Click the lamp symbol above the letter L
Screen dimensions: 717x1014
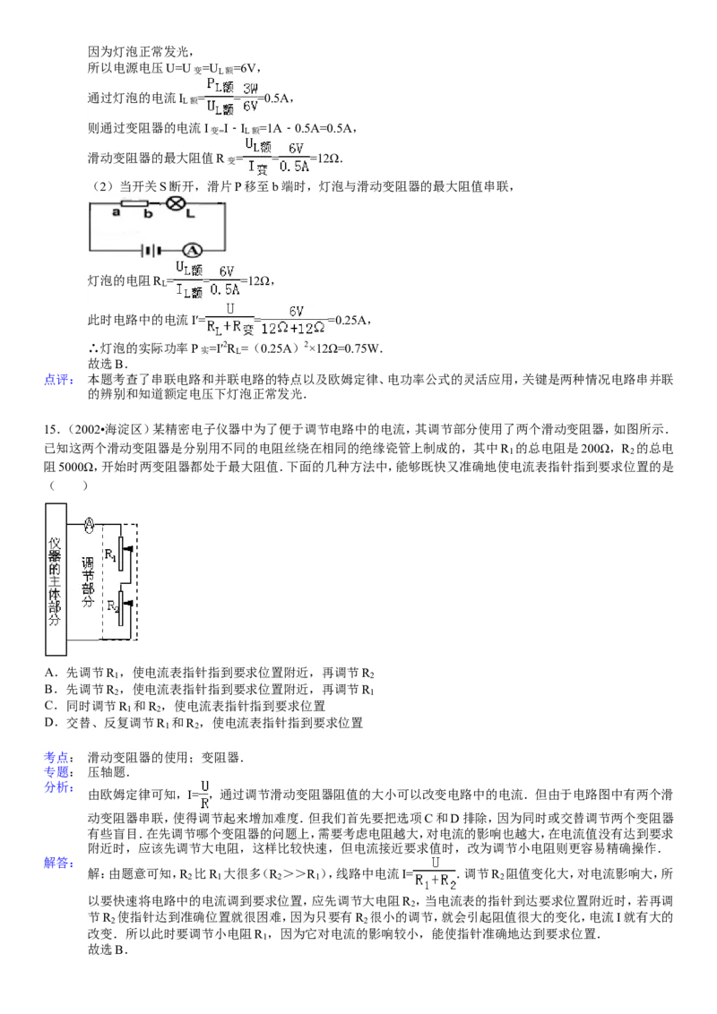tap(174, 203)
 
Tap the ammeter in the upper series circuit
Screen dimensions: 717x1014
tap(192, 250)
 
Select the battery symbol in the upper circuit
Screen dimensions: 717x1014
tap(151, 250)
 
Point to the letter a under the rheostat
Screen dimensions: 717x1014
tap(117, 212)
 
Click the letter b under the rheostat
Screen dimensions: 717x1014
tap(148, 213)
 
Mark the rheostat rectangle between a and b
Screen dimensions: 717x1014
tap(134, 203)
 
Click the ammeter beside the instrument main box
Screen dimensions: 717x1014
tap(90, 525)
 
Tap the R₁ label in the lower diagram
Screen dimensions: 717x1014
tap(110, 554)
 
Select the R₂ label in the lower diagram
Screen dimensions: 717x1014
tap(113, 606)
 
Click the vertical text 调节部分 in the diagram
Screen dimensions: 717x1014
tap(88, 582)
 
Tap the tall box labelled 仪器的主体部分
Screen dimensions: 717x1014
tap(56, 580)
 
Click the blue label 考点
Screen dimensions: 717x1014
tap(59, 757)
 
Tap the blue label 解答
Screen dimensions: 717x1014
tap(59, 863)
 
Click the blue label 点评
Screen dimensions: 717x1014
tap(59, 380)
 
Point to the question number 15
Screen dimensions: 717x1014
tap(50, 429)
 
